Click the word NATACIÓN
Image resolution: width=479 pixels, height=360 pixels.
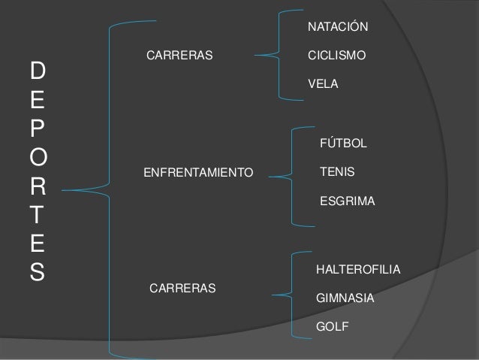pyautogui.click(x=338, y=28)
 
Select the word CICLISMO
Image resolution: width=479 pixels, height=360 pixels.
pyautogui.click(x=337, y=56)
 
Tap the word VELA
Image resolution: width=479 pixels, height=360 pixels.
pyautogui.click(x=324, y=85)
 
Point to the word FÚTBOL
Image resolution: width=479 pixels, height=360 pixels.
pyautogui.click(x=344, y=143)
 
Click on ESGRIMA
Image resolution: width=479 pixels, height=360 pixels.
pyautogui.click(x=347, y=201)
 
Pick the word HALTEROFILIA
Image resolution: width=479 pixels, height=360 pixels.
pyautogui.click(x=359, y=269)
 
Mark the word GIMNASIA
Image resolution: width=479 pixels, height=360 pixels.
pyautogui.click(x=345, y=298)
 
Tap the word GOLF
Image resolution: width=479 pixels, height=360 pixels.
pyautogui.click(x=333, y=327)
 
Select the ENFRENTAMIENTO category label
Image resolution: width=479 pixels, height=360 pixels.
pyautogui.click(x=198, y=173)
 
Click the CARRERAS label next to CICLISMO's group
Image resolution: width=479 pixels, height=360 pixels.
pyautogui.click(x=179, y=56)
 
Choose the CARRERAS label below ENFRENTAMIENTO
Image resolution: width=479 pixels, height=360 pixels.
pyautogui.click(x=183, y=288)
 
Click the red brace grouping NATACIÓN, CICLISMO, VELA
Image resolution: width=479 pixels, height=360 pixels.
pyautogui.click(x=279, y=54)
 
